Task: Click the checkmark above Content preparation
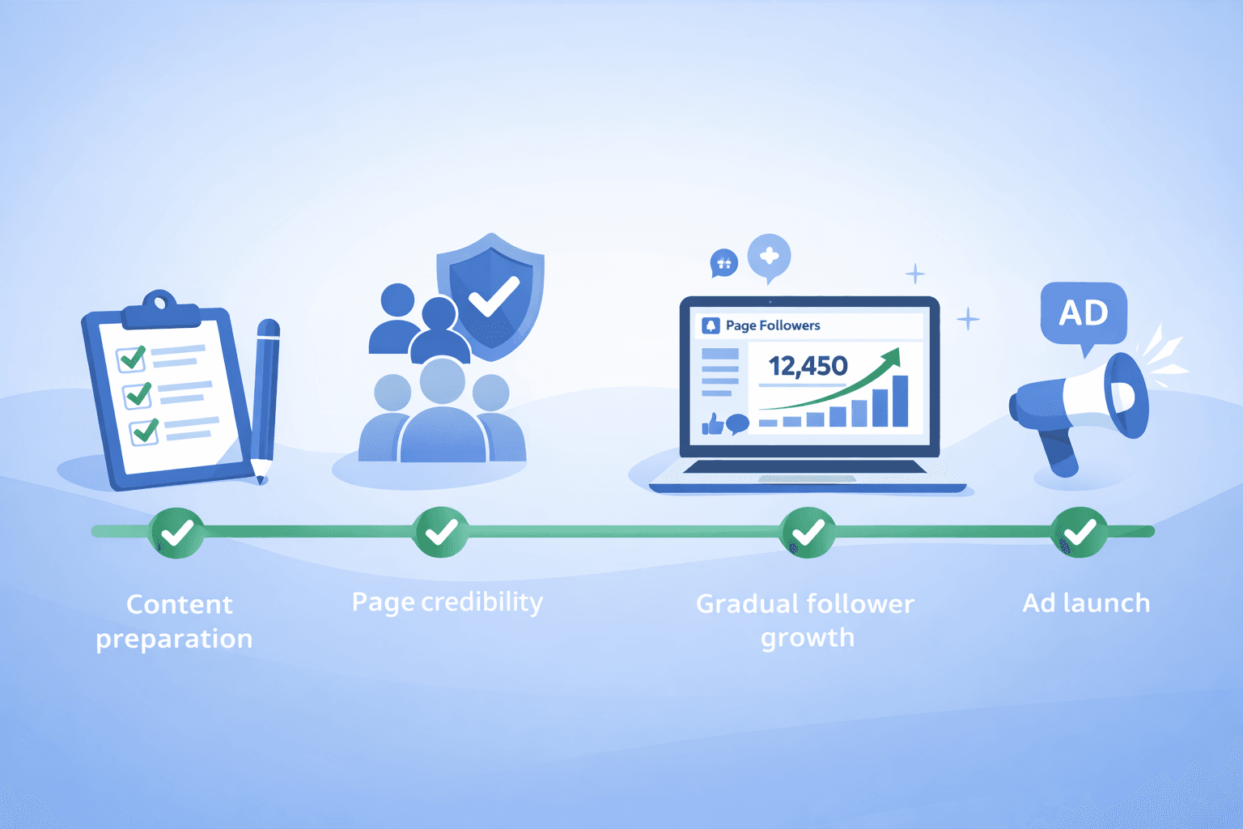click(x=176, y=532)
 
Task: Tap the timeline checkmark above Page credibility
click(x=440, y=532)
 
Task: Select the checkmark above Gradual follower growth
click(x=807, y=532)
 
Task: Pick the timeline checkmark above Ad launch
click(x=1079, y=532)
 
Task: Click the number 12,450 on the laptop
click(x=807, y=366)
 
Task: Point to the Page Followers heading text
click(x=772, y=325)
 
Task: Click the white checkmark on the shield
click(x=493, y=296)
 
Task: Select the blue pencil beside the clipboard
click(x=265, y=397)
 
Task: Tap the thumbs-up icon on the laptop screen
click(x=711, y=423)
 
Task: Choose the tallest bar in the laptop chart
click(x=899, y=400)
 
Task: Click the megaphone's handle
click(x=1061, y=453)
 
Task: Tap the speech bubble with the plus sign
click(x=769, y=257)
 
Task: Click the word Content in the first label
click(x=180, y=605)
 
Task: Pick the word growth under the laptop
click(x=807, y=638)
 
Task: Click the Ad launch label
click(x=1086, y=603)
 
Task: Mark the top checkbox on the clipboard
click(x=130, y=358)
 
